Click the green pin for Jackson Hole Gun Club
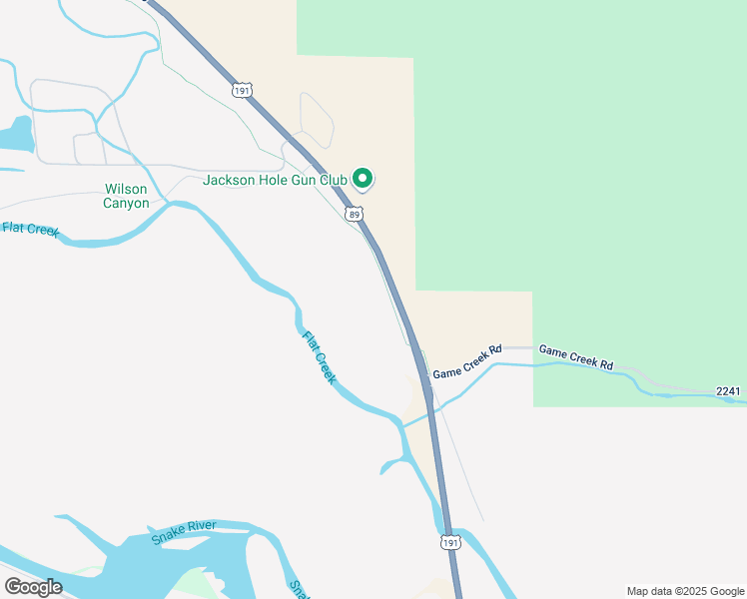(362, 179)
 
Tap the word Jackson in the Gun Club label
(231, 181)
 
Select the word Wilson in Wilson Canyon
(126, 189)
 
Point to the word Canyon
(126, 203)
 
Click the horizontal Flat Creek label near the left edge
(31, 229)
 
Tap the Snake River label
(185, 532)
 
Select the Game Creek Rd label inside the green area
(575, 357)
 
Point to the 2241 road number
(729, 392)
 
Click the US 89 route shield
(355, 214)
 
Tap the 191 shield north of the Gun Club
(242, 91)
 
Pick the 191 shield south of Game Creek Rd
(450, 541)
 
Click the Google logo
(33, 586)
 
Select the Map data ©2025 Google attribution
(685, 591)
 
